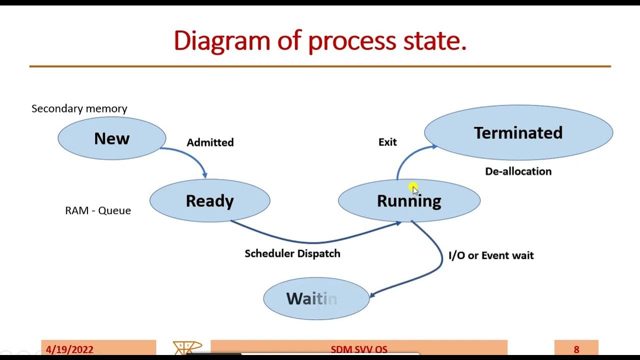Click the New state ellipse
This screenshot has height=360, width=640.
pyautogui.click(x=111, y=138)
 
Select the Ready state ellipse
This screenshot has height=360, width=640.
pyautogui.click(x=209, y=201)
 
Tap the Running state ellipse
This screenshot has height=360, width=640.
pyautogui.click(x=409, y=201)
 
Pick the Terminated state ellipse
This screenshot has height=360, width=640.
pyautogui.click(x=518, y=133)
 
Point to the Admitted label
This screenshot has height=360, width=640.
pyautogui.click(x=210, y=142)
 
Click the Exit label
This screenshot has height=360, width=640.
pyautogui.click(x=387, y=142)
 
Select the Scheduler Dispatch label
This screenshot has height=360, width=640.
pyautogui.click(x=292, y=253)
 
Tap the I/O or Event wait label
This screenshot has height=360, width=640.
pyautogui.click(x=491, y=255)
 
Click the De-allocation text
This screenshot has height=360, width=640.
pyautogui.click(x=518, y=171)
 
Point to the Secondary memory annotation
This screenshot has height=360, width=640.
pyautogui.click(x=79, y=108)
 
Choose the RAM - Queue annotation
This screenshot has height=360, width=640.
pyautogui.click(x=98, y=210)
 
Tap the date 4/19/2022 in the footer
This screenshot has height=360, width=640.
pyautogui.click(x=69, y=349)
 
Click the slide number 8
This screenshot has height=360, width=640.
pyautogui.click(x=576, y=349)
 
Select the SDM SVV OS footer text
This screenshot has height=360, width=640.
pyautogui.click(x=359, y=349)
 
